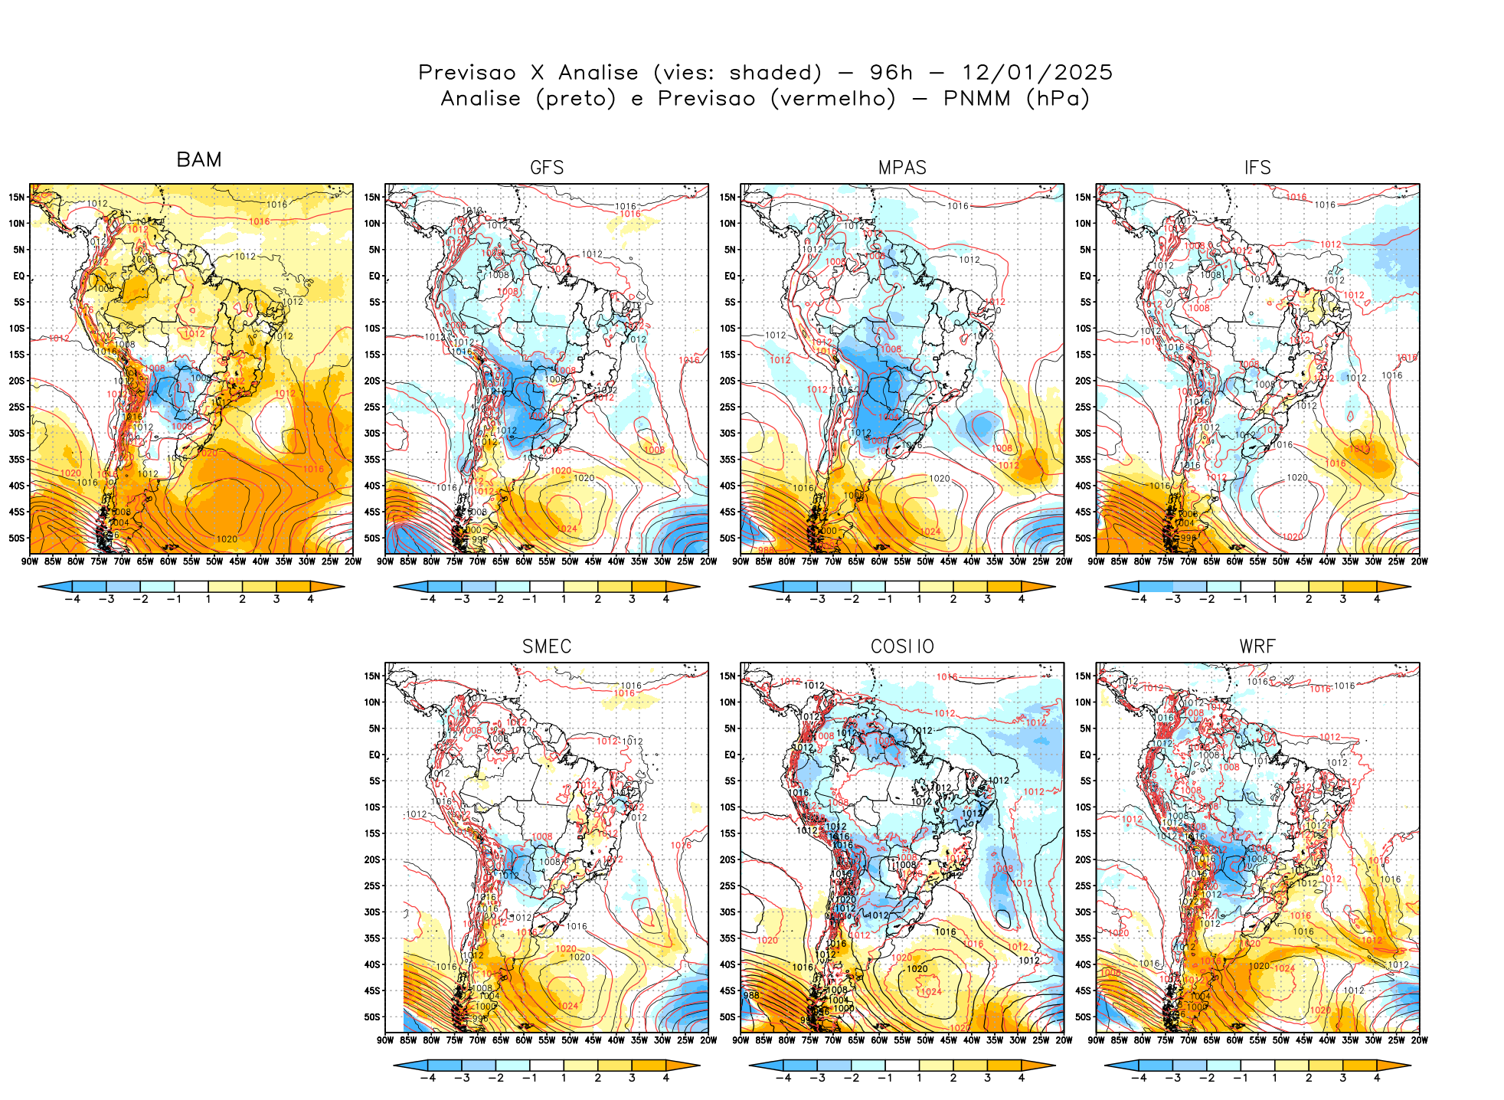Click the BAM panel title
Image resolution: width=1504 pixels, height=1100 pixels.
pos(199,160)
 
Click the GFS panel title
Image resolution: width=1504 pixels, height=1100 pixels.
pos(547,168)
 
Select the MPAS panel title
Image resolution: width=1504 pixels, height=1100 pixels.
pos(902,168)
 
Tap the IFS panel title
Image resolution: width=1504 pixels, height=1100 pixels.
pos(1257,168)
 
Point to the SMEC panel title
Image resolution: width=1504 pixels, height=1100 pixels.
pos(547,647)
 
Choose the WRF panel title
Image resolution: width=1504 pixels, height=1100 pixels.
pos(1257,647)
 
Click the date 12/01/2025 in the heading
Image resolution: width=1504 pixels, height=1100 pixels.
pos(1037,73)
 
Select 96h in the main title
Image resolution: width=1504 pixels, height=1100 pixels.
pos(891,73)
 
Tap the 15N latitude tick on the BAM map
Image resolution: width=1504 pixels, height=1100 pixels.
pos(17,197)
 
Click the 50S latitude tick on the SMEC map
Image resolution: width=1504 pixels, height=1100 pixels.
pos(372,1017)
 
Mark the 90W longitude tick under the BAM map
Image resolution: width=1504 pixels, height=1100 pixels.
pos(30,561)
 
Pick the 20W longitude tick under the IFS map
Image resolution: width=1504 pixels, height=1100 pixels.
pos(1420,561)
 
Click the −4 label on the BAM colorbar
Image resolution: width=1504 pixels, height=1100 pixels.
pos(72,599)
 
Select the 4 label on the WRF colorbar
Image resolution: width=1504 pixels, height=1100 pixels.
pos(1377,1078)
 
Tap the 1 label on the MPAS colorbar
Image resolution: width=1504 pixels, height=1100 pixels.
pos(919,599)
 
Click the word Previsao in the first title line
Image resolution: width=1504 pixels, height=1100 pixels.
pos(467,73)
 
